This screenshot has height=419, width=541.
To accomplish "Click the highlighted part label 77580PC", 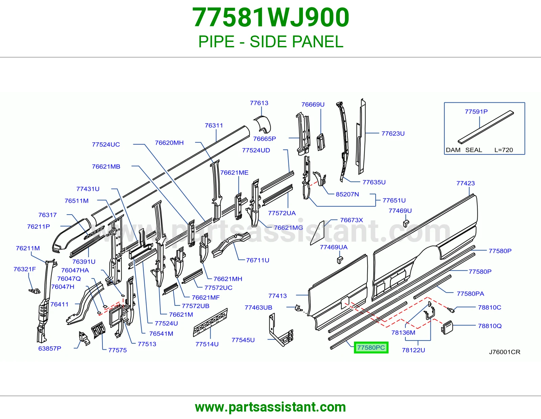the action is tap(371, 347).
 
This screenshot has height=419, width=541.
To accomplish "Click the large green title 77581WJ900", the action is tap(270, 17).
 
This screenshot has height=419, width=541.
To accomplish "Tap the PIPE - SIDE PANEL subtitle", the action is tap(270, 42).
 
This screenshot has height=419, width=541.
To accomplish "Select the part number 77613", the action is tap(259, 103).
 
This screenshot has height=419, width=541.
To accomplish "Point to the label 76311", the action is tap(214, 125).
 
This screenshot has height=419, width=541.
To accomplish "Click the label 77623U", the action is tap(393, 133).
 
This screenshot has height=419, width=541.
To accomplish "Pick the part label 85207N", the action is tap(347, 194).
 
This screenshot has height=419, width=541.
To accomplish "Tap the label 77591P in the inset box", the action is tap(476, 112).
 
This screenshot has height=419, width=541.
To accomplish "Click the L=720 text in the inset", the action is tap(504, 150).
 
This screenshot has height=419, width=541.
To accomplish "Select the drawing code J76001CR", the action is tap(504, 352).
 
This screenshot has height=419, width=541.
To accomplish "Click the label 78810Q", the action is tap(490, 326).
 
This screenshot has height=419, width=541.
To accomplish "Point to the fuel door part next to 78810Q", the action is tap(447, 327).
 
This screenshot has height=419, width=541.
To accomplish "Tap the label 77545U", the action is tap(243, 340).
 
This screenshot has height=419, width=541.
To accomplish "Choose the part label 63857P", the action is tap(50, 348).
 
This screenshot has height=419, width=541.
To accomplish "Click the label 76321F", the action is tap(25, 269).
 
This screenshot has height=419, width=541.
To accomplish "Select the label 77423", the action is tap(465, 183).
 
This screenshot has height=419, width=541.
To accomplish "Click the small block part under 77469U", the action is tap(406, 223).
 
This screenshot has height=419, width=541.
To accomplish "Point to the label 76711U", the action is tap(257, 260).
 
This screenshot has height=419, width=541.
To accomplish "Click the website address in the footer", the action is tap(270, 407).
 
